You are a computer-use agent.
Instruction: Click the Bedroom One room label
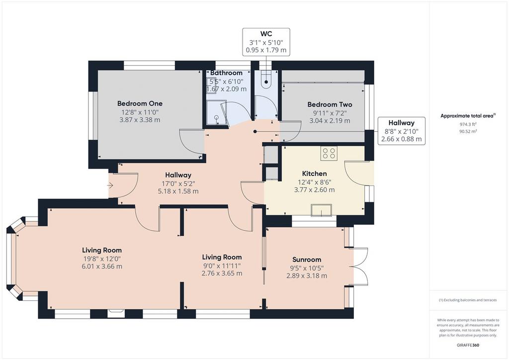[x=140, y=103]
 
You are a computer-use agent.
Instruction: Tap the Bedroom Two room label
[x=330, y=104]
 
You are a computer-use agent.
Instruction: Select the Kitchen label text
[x=314, y=174]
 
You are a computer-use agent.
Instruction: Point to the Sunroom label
[x=307, y=260]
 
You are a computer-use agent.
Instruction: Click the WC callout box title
[x=266, y=34]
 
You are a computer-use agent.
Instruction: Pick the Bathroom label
[x=226, y=73]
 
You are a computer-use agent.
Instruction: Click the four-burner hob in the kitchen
[x=329, y=153]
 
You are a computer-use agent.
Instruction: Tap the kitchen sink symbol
[x=322, y=210]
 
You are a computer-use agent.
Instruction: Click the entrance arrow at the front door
[x=110, y=185]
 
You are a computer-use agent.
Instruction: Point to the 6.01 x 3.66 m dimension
[x=102, y=267]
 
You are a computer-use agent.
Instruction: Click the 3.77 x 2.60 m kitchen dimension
[x=314, y=190]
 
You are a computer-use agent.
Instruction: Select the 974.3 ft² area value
[x=468, y=124]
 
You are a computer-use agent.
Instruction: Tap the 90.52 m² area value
[x=468, y=131]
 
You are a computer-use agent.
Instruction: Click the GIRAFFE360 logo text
[x=468, y=345]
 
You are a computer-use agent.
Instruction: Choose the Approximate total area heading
[x=468, y=116]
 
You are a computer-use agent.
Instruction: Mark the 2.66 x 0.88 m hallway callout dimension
[x=402, y=139]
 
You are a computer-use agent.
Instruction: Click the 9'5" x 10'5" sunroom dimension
[x=307, y=268]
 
